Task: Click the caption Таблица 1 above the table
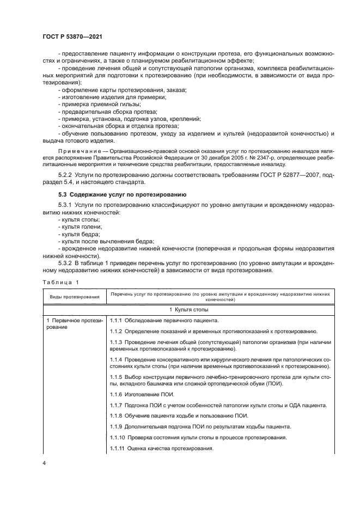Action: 60,282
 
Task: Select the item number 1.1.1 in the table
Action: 117,320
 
